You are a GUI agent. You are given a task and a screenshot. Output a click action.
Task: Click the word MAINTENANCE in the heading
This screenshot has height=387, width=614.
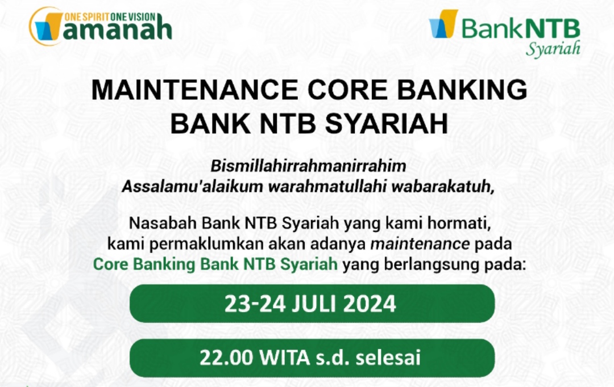pyautogui.click(x=196, y=90)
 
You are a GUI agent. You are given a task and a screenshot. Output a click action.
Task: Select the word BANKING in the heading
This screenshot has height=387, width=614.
pyautogui.click(x=462, y=90)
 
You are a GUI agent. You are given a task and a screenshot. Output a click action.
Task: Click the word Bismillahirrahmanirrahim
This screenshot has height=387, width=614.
pyautogui.click(x=308, y=166)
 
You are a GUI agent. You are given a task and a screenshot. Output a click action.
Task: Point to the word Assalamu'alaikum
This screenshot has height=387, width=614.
pyautogui.click(x=193, y=186)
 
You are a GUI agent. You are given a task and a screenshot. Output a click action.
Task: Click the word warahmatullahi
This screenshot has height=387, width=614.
pyautogui.click(x=327, y=186)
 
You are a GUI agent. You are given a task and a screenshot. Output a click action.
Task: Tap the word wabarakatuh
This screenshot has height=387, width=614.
pyautogui.click(x=441, y=186)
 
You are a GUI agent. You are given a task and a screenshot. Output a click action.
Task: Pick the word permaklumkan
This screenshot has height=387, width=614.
pyautogui.click(x=206, y=243)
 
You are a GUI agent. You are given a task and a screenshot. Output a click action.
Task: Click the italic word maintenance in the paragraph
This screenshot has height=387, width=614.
pyautogui.click(x=420, y=243)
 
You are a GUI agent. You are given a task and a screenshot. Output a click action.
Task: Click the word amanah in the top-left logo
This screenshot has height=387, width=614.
pyautogui.click(x=118, y=30)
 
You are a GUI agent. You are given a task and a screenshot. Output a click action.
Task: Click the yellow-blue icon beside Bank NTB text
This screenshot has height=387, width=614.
pyautogui.click(x=443, y=24)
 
